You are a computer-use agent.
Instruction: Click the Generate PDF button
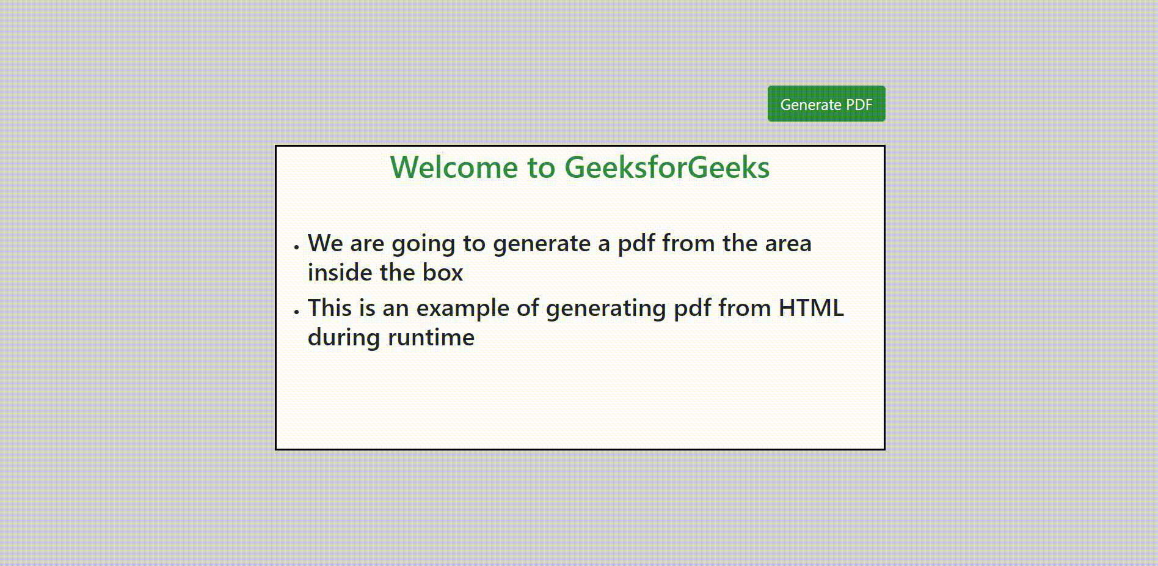point(826,104)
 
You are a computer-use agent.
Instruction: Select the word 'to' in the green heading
point(542,168)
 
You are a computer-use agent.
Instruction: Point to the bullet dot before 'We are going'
point(296,247)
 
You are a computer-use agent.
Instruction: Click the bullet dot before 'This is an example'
point(296,312)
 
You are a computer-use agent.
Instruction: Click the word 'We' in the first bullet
point(326,243)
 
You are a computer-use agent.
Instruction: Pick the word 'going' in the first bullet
point(423,244)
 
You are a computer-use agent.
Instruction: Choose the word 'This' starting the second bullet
point(330,308)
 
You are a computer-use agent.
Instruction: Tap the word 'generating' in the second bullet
point(606,309)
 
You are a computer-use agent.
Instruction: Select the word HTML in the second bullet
point(811,308)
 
